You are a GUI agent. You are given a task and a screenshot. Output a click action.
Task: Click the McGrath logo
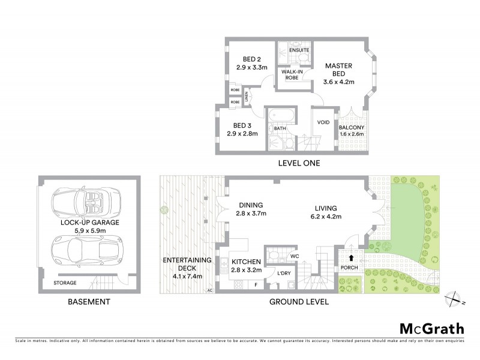click(431, 328)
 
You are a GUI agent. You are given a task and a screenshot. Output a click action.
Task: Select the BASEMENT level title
click(88, 302)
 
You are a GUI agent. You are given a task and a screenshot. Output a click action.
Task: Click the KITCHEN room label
click(245, 262)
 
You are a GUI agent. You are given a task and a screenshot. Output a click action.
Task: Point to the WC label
click(295, 257)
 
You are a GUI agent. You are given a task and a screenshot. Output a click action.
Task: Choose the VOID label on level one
click(323, 122)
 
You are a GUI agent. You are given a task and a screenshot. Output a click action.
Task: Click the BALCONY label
click(352, 128)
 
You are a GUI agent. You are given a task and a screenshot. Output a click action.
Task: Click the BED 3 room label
click(242, 125)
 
